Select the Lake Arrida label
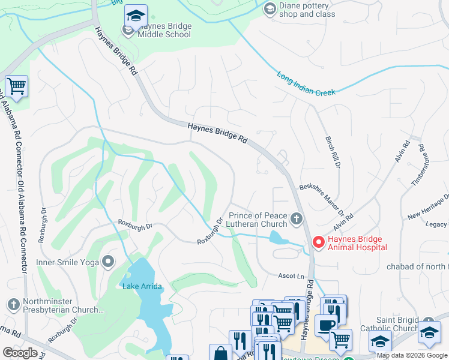tap(142, 286)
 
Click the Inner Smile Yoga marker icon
tap(108, 261)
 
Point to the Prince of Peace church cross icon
tap(295, 220)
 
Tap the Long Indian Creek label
tap(306, 83)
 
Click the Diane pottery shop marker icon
tap(270, 8)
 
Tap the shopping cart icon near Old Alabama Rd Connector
tap(17, 86)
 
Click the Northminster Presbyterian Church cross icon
tap(13, 305)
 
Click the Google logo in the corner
tap(20, 353)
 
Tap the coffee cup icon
tap(325, 325)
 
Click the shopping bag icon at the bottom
tap(220, 353)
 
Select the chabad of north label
tap(417, 266)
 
